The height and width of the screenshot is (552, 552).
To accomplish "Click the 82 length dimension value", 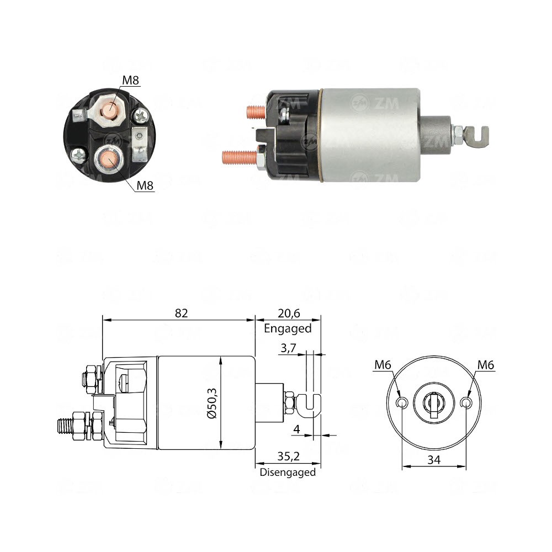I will pos(182,313).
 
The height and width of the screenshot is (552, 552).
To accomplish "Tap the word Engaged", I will pos(288,328).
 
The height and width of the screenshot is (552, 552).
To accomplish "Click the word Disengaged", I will pos(288,472).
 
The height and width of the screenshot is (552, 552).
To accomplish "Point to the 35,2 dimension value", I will pos(288,458).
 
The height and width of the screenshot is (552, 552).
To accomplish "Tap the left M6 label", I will pos(383,364).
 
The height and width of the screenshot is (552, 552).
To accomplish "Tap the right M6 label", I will pos(486,364).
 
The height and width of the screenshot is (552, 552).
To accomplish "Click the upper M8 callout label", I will pos(131,81).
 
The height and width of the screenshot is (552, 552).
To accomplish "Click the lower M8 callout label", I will pos(145,185).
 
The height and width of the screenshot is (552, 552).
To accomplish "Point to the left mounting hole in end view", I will pos(402,404).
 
